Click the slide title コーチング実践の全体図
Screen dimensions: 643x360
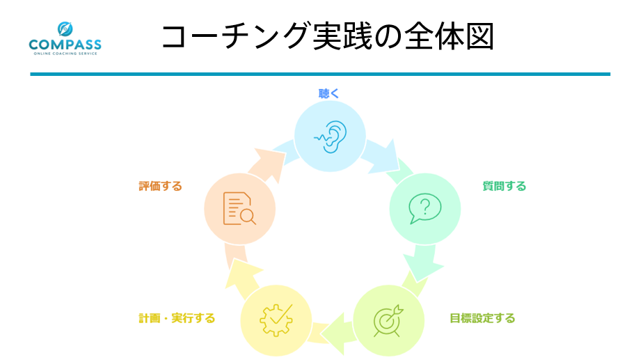(x=328, y=37)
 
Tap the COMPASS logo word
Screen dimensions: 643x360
(x=65, y=45)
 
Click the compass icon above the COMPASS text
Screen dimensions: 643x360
(x=65, y=29)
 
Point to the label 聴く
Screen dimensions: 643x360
(x=328, y=93)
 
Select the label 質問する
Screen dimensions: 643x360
(x=504, y=186)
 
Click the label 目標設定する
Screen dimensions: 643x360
(x=482, y=318)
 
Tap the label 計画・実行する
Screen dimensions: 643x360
(x=177, y=318)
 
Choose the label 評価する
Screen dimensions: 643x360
(x=160, y=186)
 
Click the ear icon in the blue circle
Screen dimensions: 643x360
(x=331, y=136)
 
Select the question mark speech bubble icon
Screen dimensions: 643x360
(x=424, y=208)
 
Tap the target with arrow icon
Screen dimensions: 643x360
(x=388, y=320)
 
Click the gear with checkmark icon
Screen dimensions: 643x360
(x=276, y=320)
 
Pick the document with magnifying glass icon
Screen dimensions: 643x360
(x=239, y=208)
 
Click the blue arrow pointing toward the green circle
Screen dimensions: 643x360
(x=381, y=157)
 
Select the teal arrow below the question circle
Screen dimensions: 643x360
(x=423, y=263)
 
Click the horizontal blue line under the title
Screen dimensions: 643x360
(x=320, y=75)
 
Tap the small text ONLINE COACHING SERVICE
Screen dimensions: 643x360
(x=65, y=54)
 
